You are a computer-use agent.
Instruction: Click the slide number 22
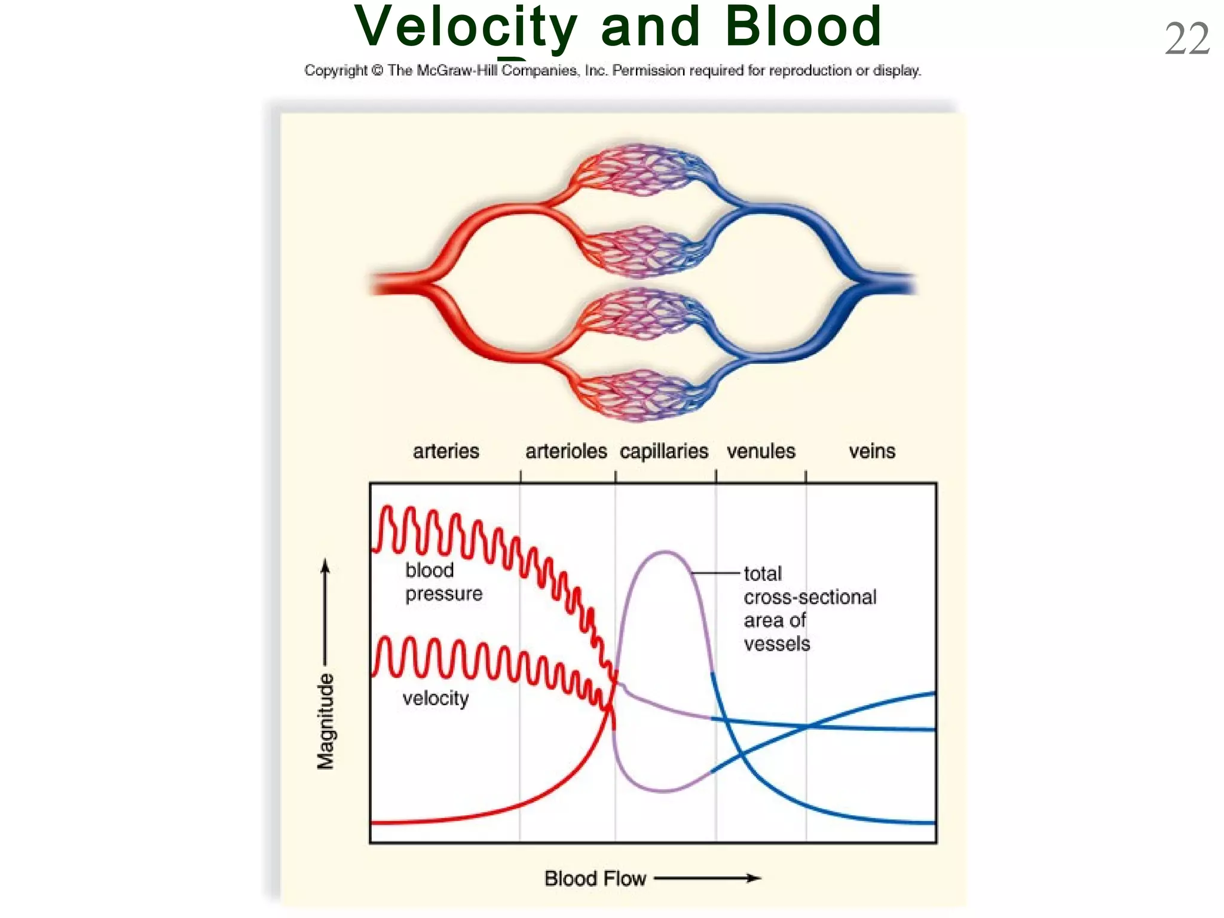point(1187,39)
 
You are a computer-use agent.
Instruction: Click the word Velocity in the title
point(466,27)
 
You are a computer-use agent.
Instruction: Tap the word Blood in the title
point(803,27)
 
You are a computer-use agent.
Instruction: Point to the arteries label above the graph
point(446,451)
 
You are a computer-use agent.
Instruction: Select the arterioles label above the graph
point(566,451)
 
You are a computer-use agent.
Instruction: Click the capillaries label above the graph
point(663,452)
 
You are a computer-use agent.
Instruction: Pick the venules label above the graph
point(761,451)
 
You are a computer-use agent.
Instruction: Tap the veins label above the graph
point(872,451)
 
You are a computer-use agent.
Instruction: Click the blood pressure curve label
point(443,582)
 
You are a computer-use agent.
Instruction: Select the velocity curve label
point(436,698)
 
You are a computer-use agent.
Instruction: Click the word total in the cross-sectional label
point(763,574)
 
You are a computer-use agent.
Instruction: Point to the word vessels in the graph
point(777,644)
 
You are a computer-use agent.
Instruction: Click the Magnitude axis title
point(326,721)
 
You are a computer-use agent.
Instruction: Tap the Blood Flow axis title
point(595,879)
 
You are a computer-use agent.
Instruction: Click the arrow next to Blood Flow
point(708,878)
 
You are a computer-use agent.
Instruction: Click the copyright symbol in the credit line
point(377,71)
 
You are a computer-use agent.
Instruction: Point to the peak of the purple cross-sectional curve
point(665,552)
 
